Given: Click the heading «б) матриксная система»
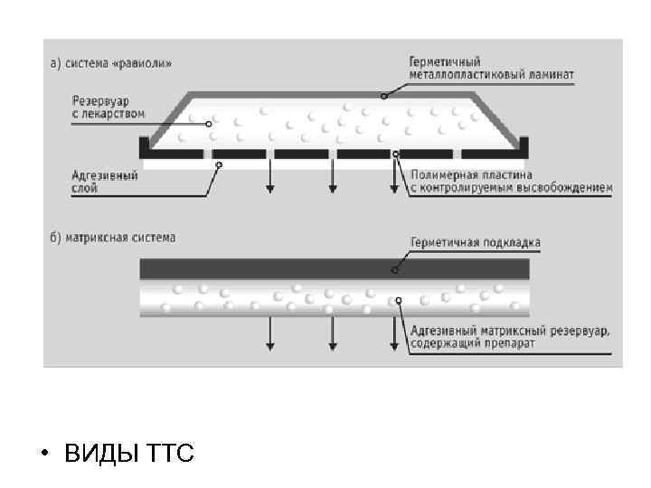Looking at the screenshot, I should [113, 238].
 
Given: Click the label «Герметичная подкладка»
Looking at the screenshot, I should [475, 242].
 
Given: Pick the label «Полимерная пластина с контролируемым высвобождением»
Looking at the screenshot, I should [511, 182].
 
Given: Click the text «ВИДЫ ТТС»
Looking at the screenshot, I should [129, 453].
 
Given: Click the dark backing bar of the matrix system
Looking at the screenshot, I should [271, 268].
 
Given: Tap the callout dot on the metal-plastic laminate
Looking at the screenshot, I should [383, 95].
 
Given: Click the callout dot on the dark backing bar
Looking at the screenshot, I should [395, 268].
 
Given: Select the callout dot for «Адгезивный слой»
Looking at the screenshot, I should [219, 164].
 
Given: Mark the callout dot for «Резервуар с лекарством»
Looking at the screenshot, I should [209, 124].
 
